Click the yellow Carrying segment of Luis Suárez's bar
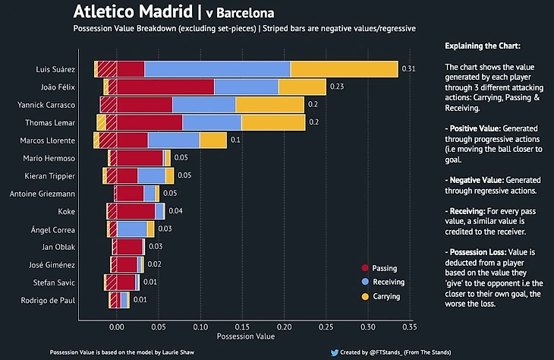[x=344, y=69]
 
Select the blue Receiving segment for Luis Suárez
[x=217, y=69]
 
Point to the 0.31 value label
[x=408, y=69]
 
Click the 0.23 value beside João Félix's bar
[x=337, y=87]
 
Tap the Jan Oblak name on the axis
[x=58, y=247]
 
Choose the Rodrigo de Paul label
[x=49, y=301]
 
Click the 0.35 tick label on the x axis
[x=409, y=327]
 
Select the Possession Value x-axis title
[x=245, y=336]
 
